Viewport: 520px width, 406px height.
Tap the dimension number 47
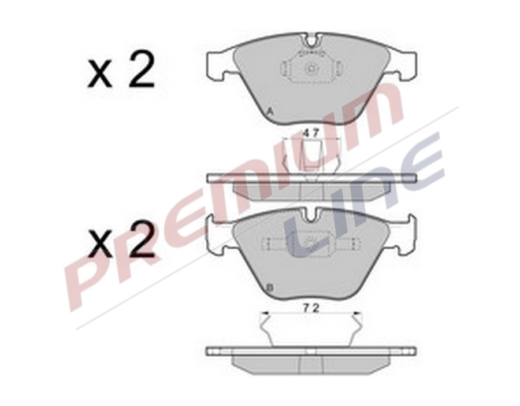point(311,132)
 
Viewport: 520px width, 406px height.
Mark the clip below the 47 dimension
point(311,154)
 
